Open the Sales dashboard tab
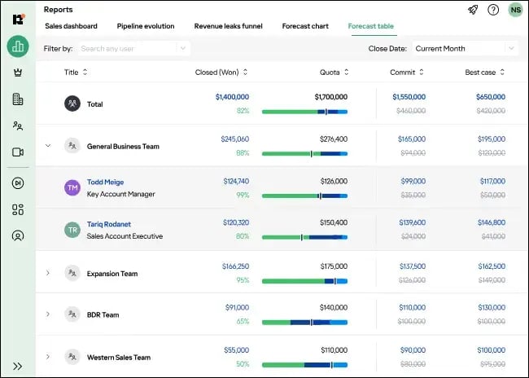[x=71, y=26]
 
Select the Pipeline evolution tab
[x=146, y=26]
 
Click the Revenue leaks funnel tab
[x=228, y=26]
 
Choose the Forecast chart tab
[x=305, y=26]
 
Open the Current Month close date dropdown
[x=464, y=49]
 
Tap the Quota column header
[x=330, y=73]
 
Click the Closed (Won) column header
[x=218, y=73]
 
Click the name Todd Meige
[x=105, y=182]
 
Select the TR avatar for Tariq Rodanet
[x=72, y=230]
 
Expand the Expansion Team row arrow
[x=48, y=272]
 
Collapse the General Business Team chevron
[x=48, y=146]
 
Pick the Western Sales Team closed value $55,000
[x=236, y=350]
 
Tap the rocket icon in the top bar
[x=473, y=10]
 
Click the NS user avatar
[x=514, y=10]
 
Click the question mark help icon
[x=493, y=10]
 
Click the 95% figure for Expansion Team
[x=243, y=280]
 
